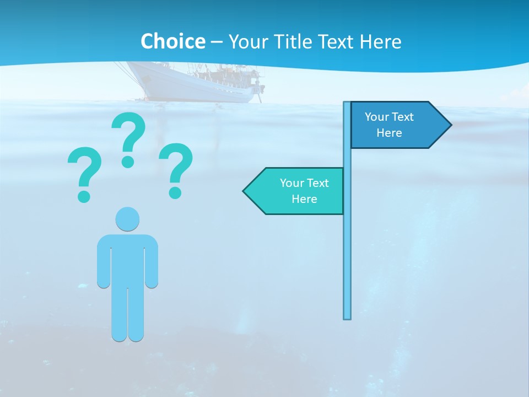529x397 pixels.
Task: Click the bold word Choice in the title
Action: [x=172, y=41]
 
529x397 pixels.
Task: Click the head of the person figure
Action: [x=127, y=219]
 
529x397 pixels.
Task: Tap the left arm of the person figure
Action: [x=103, y=265]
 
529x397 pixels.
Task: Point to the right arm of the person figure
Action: [x=152, y=265]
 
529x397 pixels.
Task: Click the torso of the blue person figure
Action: [x=127, y=259]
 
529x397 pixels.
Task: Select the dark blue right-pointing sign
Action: [x=394, y=125]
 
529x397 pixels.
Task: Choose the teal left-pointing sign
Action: [x=298, y=191]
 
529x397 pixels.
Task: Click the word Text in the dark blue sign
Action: [x=402, y=117]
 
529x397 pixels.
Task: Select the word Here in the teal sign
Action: [x=304, y=199]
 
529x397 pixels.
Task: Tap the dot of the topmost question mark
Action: [x=128, y=161]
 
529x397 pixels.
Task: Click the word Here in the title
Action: [x=380, y=41]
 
